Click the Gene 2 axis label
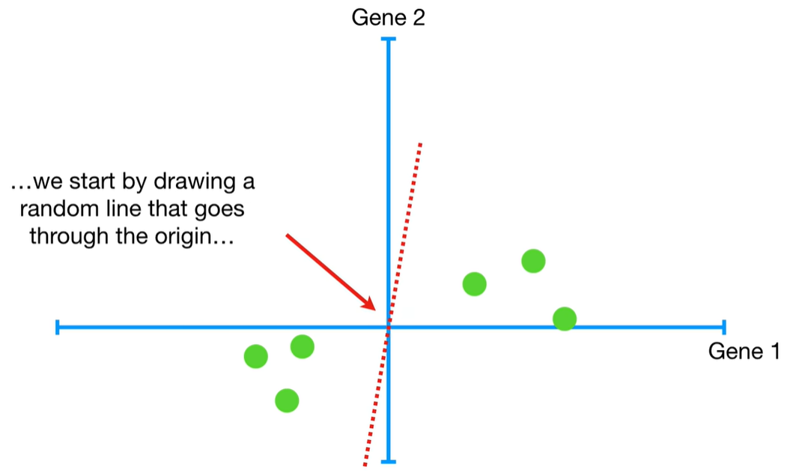[388, 16]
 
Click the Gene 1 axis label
[744, 351]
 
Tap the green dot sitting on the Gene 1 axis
[565, 319]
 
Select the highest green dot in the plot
[533, 261]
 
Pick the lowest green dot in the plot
[287, 401]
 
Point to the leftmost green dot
[256, 356]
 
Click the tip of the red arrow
[374, 309]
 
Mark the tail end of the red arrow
[288, 235]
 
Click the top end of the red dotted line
[421, 143]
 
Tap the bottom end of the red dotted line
[365, 464]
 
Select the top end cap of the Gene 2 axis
[388, 38]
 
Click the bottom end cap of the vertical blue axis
[388, 461]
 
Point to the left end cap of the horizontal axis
[58, 327]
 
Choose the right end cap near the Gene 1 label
[723, 327]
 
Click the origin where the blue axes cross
[388, 327]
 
